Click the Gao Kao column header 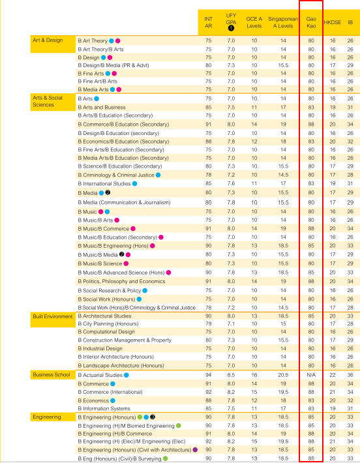(311, 22)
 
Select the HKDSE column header (332, 22)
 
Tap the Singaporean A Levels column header (283, 22)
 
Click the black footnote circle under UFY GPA (231, 28)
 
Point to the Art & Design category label (48, 40)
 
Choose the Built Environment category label (53, 316)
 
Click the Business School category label (52, 375)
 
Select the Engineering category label (47, 417)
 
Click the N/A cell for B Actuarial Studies (311, 375)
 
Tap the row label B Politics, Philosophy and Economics (121, 282)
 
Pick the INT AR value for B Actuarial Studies (208, 375)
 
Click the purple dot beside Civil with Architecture (195, 450)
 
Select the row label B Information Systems (104, 409)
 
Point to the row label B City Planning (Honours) (108, 324)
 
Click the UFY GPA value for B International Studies (231, 183)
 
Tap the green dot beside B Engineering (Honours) (140, 417)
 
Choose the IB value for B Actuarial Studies (350, 375)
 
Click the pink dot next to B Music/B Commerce (133, 228)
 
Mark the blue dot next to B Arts (97, 98)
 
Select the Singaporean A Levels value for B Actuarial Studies (283, 375)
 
